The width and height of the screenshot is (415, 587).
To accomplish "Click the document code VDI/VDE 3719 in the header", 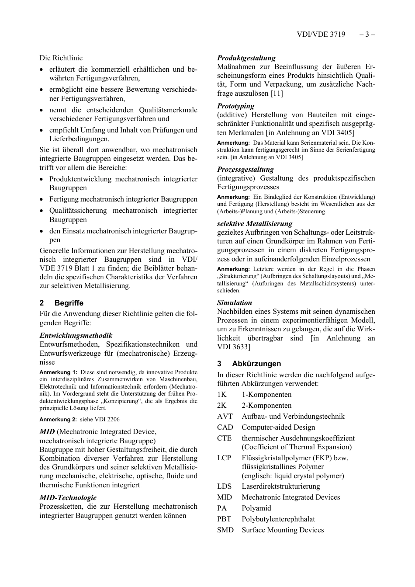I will coord(321,34).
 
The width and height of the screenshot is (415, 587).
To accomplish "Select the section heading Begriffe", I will coord(69,303).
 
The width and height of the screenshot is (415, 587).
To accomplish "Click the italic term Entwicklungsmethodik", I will coord(76,335).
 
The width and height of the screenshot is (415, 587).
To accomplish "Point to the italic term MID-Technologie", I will coord(68,497).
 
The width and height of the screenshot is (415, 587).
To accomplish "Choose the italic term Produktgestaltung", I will coord(246,58).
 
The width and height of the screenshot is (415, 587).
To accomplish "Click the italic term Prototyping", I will coord(235,106).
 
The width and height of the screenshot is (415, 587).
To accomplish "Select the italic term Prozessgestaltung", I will coord(246,169).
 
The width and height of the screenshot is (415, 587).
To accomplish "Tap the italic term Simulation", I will coord(235,302).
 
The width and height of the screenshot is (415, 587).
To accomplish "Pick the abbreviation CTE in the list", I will coord(225,438).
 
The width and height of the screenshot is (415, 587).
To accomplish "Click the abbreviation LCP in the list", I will coord(225,458).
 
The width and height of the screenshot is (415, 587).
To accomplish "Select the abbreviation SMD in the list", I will coord(225,530).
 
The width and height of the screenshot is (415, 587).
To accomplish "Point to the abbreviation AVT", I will coord(225,416).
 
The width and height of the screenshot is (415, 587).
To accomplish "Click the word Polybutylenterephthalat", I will coord(278,519).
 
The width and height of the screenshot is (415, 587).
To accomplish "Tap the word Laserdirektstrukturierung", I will coord(281,486).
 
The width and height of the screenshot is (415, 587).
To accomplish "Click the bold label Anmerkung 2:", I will coord(58,419).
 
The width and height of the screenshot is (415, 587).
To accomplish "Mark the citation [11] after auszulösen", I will coord(277,93).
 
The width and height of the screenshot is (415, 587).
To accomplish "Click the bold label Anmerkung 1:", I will coord(58,372).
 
